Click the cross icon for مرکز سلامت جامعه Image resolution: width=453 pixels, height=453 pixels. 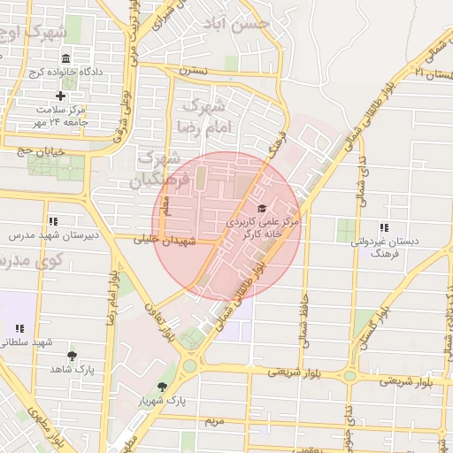click(x=60, y=96)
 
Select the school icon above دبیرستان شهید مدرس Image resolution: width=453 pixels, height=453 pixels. click(x=53, y=221)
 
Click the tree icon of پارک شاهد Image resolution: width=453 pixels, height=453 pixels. click(x=73, y=355)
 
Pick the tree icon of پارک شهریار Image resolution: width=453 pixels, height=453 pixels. click(x=162, y=387)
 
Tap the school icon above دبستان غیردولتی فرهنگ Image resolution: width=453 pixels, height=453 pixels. click(x=383, y=227)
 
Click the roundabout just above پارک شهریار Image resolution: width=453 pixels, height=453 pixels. click(x=188, y=365)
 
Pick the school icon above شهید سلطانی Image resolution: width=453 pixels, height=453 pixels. click(x=20, y=328)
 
